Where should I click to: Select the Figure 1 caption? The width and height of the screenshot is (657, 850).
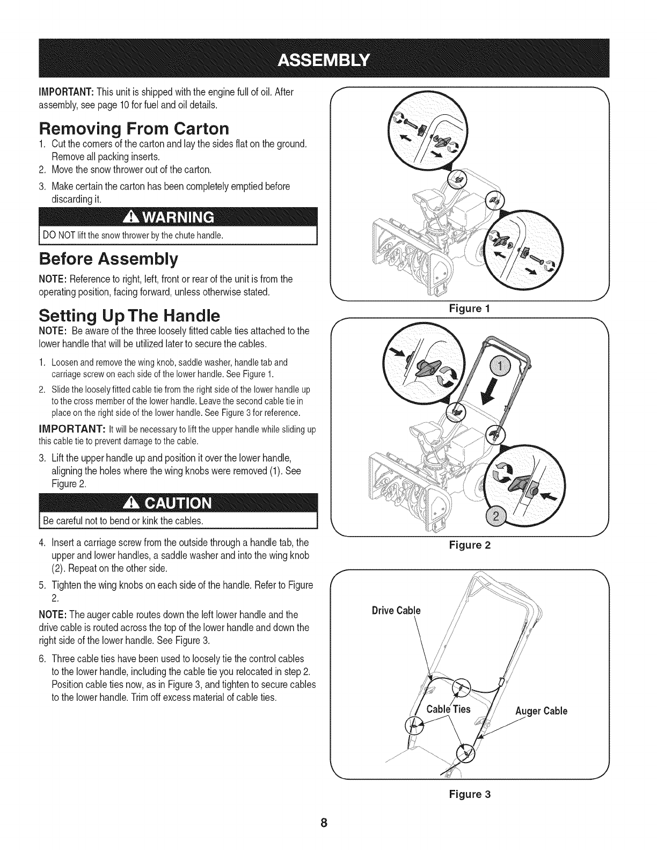[470, 309]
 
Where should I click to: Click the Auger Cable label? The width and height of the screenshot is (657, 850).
[541, 712]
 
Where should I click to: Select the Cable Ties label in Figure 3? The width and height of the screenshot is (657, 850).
[448, 709]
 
